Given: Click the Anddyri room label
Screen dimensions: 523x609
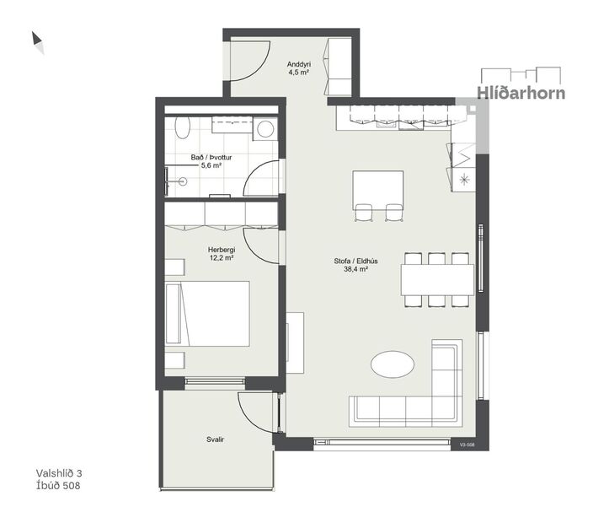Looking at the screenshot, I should pos(299,64).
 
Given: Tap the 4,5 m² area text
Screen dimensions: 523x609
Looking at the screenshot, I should pos(299,73).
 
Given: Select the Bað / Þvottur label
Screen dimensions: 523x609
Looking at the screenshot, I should pos(211,157).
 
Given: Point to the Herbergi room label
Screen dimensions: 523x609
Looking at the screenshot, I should pos(222,250).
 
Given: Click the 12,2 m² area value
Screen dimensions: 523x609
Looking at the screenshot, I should pos(222,259).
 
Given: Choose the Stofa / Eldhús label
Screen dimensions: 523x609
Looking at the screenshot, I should pos(355,261).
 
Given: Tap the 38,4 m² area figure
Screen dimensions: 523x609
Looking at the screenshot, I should pos(355,270).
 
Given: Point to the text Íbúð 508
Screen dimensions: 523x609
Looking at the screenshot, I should pos(59,486).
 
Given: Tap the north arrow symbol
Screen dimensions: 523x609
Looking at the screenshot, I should pos(38,41).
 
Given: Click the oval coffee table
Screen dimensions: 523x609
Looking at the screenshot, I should pos(393,365).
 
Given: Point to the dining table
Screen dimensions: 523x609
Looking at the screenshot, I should pos(436,279).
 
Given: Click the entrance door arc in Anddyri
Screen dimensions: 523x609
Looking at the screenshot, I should pos(249,65).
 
